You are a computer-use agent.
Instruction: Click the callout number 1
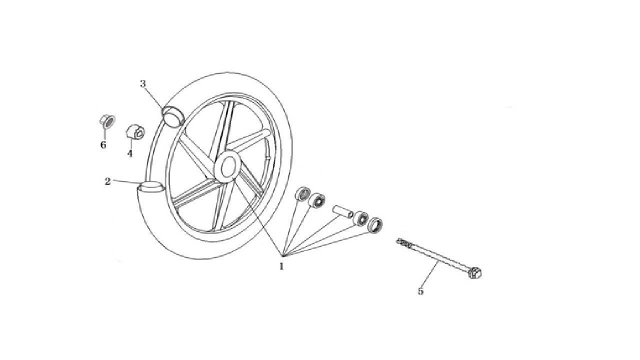281,266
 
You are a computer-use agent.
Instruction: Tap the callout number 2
107,181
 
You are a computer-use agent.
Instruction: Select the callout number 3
143,83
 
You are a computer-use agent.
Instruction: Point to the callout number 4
130,153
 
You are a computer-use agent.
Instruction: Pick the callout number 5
420,291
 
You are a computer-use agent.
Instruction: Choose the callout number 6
103,144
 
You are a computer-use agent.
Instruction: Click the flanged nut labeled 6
107,121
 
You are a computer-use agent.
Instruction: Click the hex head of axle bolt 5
475,272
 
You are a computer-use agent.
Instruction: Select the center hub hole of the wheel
227,166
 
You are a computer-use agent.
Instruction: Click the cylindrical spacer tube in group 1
342,211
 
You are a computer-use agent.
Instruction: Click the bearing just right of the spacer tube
360,218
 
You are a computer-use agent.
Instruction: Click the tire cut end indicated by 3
173,116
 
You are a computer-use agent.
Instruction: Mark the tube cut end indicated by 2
151,187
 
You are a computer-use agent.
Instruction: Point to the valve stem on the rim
267,157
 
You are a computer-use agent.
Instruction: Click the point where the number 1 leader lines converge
282,255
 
